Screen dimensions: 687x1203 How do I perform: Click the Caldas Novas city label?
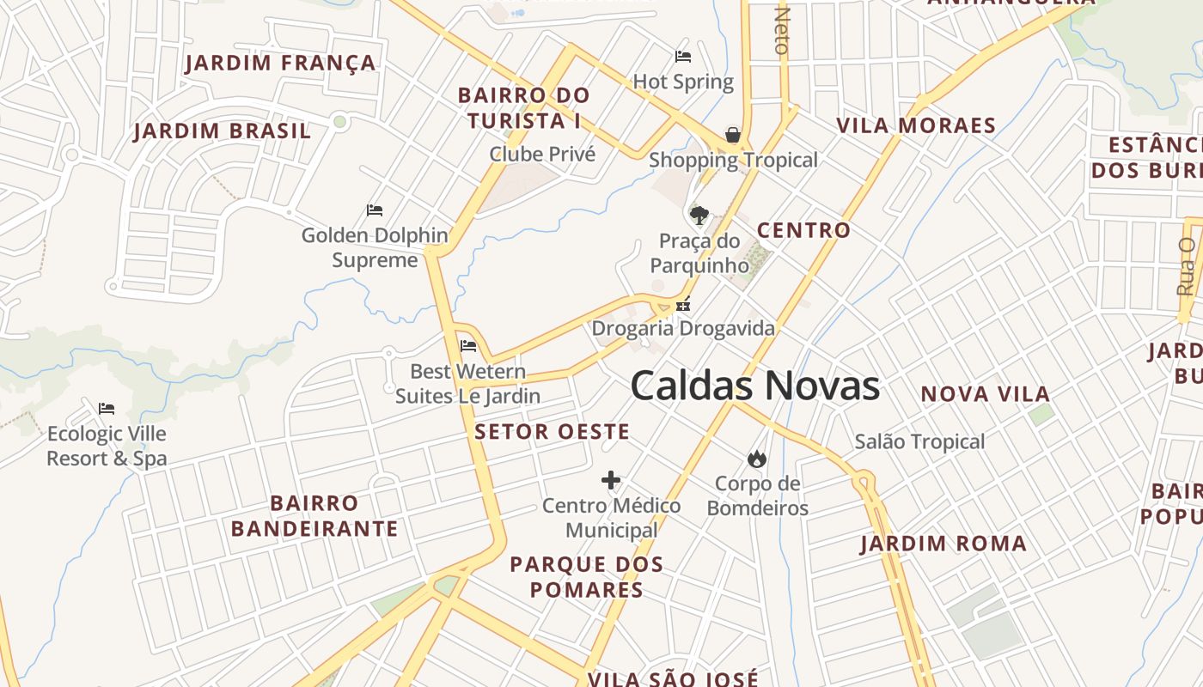point(754,386)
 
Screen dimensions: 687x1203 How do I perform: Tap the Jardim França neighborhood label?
point(281,63)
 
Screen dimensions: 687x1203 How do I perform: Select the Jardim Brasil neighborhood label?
point(222,131)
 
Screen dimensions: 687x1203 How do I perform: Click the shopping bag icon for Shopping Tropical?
point(733,135)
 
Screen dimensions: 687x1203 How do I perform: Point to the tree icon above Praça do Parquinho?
point(699,215)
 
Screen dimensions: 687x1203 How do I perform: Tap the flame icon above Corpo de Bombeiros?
point(757,459)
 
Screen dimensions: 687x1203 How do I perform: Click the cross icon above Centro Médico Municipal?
point(611,480)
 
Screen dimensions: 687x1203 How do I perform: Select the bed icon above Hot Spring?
point(683,57)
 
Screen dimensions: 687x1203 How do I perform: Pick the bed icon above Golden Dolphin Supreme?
point(375,210)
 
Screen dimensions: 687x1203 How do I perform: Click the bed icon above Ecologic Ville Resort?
point(107,408)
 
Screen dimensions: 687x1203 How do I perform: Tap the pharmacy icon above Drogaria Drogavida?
point(683,303)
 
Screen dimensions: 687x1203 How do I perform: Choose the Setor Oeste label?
point(552,431)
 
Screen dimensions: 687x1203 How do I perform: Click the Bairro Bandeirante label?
point(314,515)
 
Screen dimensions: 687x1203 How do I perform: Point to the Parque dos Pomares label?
point(587,576)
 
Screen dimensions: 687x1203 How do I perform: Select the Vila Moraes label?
point(916,125)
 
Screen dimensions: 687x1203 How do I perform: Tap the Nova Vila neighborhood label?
point(986,394)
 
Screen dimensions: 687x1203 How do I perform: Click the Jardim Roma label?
point(943,544)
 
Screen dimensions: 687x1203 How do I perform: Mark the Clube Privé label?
point(542,154)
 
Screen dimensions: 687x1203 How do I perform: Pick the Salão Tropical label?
point(919,441)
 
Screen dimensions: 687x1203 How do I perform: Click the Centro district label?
point(803,230)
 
